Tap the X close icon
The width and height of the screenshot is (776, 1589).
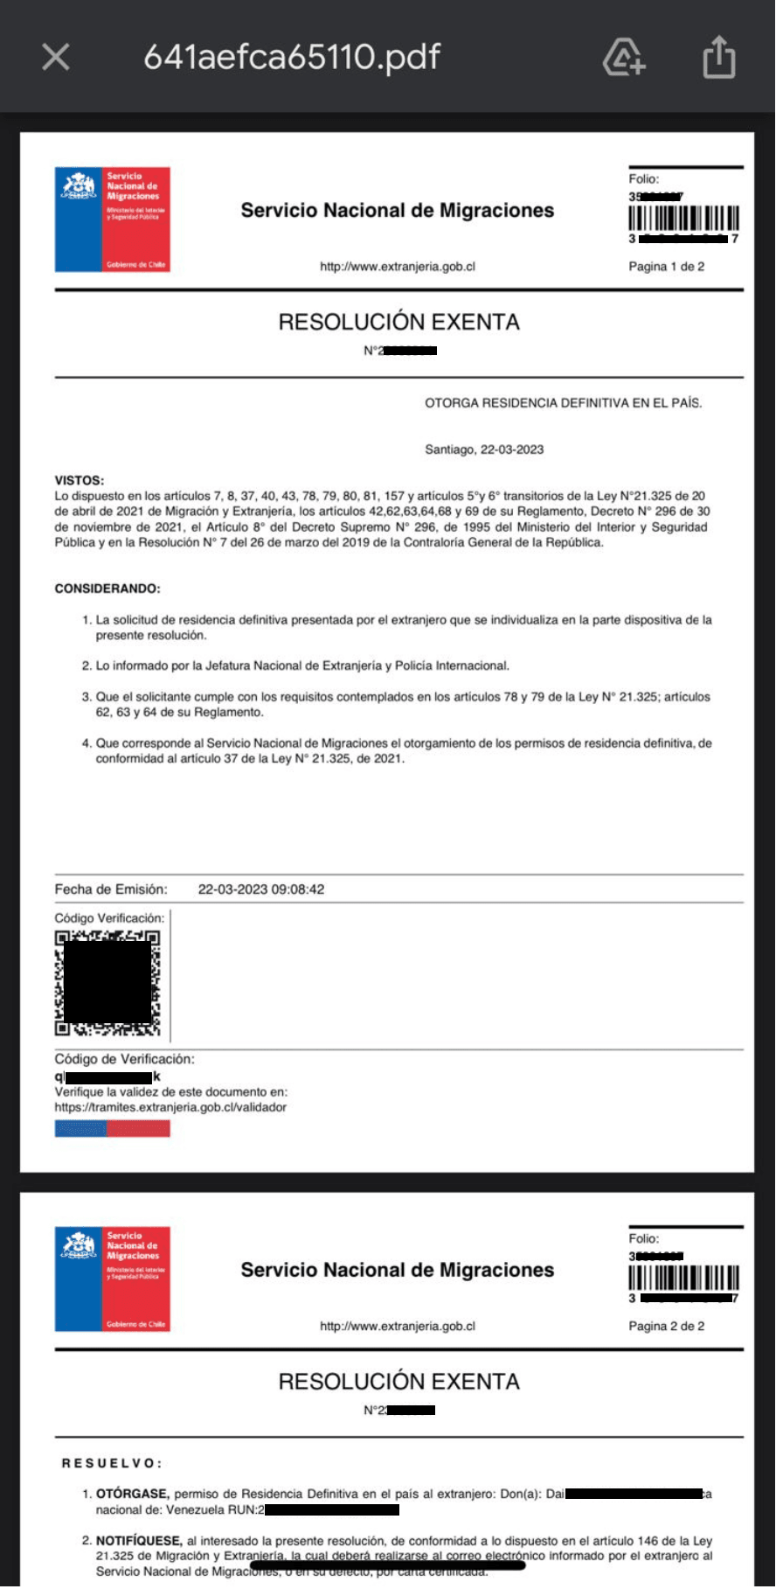pyautogui.click(x=56, y=58)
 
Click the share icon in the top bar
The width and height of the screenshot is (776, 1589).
pyautogui.click(x=719, y=58)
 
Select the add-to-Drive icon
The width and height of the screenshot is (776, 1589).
pyautogui.click(x=624, y=58)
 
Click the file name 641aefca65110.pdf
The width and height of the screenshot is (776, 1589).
pyautogui.click(x=292, y=58)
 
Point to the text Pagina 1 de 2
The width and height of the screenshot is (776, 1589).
pyautogui.click(x=666, y=267)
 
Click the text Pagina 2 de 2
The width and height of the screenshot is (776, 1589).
pyautogui.click(x=666, y=1326)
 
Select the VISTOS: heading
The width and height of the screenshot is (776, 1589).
pyautogui.click(x=80, y=480)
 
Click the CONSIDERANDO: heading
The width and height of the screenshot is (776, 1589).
pyautogui.click(x=107, y=589)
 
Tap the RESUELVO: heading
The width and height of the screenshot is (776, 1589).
pyautogui.click(x=112, y=1463)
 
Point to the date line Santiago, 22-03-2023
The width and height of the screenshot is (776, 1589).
pyautogui.click(x=484, y=450)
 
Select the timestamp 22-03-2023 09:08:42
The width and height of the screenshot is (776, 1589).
pyautogui.click(x=261, y=889)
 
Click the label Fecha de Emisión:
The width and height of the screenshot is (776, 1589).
pyautogui.click(x=111, y=889)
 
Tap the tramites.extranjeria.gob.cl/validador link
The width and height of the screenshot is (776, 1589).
pyautogui.click(x=170, y=1107)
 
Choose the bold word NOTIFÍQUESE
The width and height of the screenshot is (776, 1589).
pyautogui.click(x=139, y=1541)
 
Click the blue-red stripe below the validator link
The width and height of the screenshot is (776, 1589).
pyautogui.click(x=112, y=1128)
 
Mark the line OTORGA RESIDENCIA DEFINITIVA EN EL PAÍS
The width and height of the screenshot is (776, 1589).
pyautogui.click(x=563, y=403)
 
